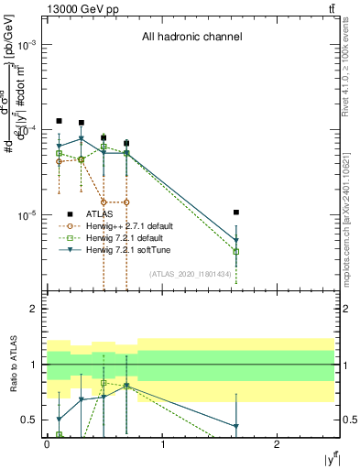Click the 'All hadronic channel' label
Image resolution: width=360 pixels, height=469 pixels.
[191, 38]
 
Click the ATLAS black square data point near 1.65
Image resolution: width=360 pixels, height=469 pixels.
[236, 213]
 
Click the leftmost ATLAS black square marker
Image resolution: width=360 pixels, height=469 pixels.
[59, 121]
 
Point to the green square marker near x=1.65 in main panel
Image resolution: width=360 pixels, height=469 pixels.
[236, 251]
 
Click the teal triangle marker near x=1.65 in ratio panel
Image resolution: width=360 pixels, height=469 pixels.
[236, 426]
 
